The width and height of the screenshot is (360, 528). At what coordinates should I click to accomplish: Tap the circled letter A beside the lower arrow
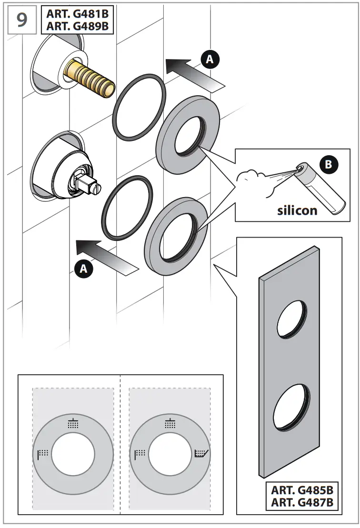[x=84, y=269]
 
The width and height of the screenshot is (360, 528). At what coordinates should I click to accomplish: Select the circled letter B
[x=328, y=165]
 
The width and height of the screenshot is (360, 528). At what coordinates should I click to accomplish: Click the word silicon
[x=297, y=209]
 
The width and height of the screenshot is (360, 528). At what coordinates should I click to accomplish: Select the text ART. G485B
[x=302, y=490]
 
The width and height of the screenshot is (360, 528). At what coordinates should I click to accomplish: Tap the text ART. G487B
[x=302, y=502]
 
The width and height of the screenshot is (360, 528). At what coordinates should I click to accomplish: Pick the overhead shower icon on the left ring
[x=73, y=423]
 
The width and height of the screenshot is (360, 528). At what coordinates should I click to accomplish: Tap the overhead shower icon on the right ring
[x=170, y=423]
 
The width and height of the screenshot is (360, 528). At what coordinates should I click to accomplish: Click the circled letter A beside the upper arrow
[x=210, y=59]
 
